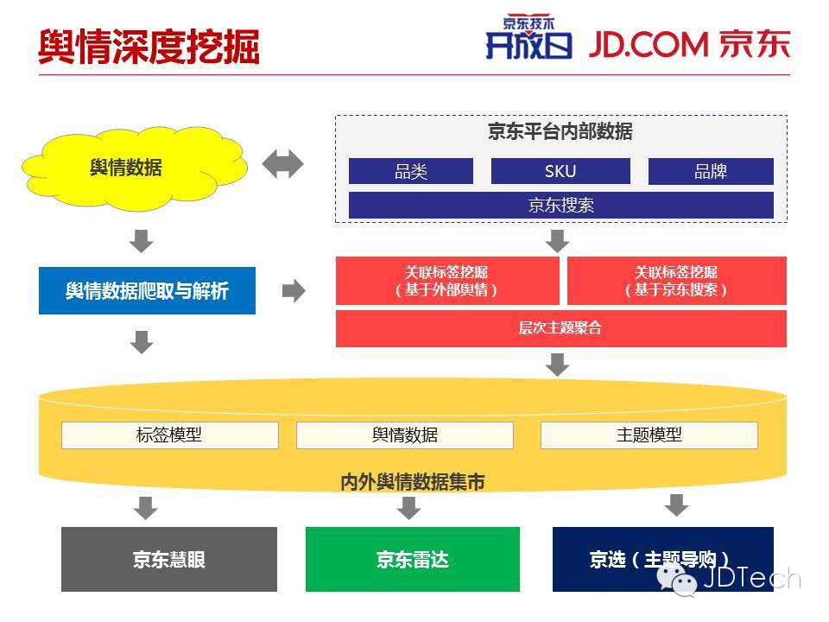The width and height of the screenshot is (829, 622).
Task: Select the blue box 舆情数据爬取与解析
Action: (x=147, y=290)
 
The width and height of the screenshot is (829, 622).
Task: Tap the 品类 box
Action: (x=411, y=171)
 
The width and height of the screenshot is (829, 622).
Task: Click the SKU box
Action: (x=560, y=171)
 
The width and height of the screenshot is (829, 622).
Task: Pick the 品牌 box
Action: (x=711, y=171)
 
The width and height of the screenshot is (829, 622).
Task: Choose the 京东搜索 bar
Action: (x=560, y=205)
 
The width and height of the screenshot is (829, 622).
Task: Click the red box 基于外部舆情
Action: (x=447, y=281)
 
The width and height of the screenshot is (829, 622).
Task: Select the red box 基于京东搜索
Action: (x=676, y=281)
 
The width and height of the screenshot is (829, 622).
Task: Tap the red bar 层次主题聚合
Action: (x=560, y=328)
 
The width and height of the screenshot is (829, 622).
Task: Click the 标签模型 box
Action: (x=169, y=435)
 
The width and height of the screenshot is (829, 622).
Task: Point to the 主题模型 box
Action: (x=649, y=435)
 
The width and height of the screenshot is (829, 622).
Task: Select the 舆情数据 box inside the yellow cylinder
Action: (x=404, y=435)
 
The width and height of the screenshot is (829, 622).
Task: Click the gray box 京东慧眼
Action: (x=169, y=559)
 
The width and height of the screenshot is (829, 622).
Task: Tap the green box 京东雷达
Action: (x=413, y=559)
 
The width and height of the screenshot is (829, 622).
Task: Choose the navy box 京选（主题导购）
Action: (x=662, y=559)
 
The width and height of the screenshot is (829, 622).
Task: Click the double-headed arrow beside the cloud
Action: (x=282, y=164)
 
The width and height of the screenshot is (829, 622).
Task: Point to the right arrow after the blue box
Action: (x=294, y=291)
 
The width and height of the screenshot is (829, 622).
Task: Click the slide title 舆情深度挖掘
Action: (x=149, y=48)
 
